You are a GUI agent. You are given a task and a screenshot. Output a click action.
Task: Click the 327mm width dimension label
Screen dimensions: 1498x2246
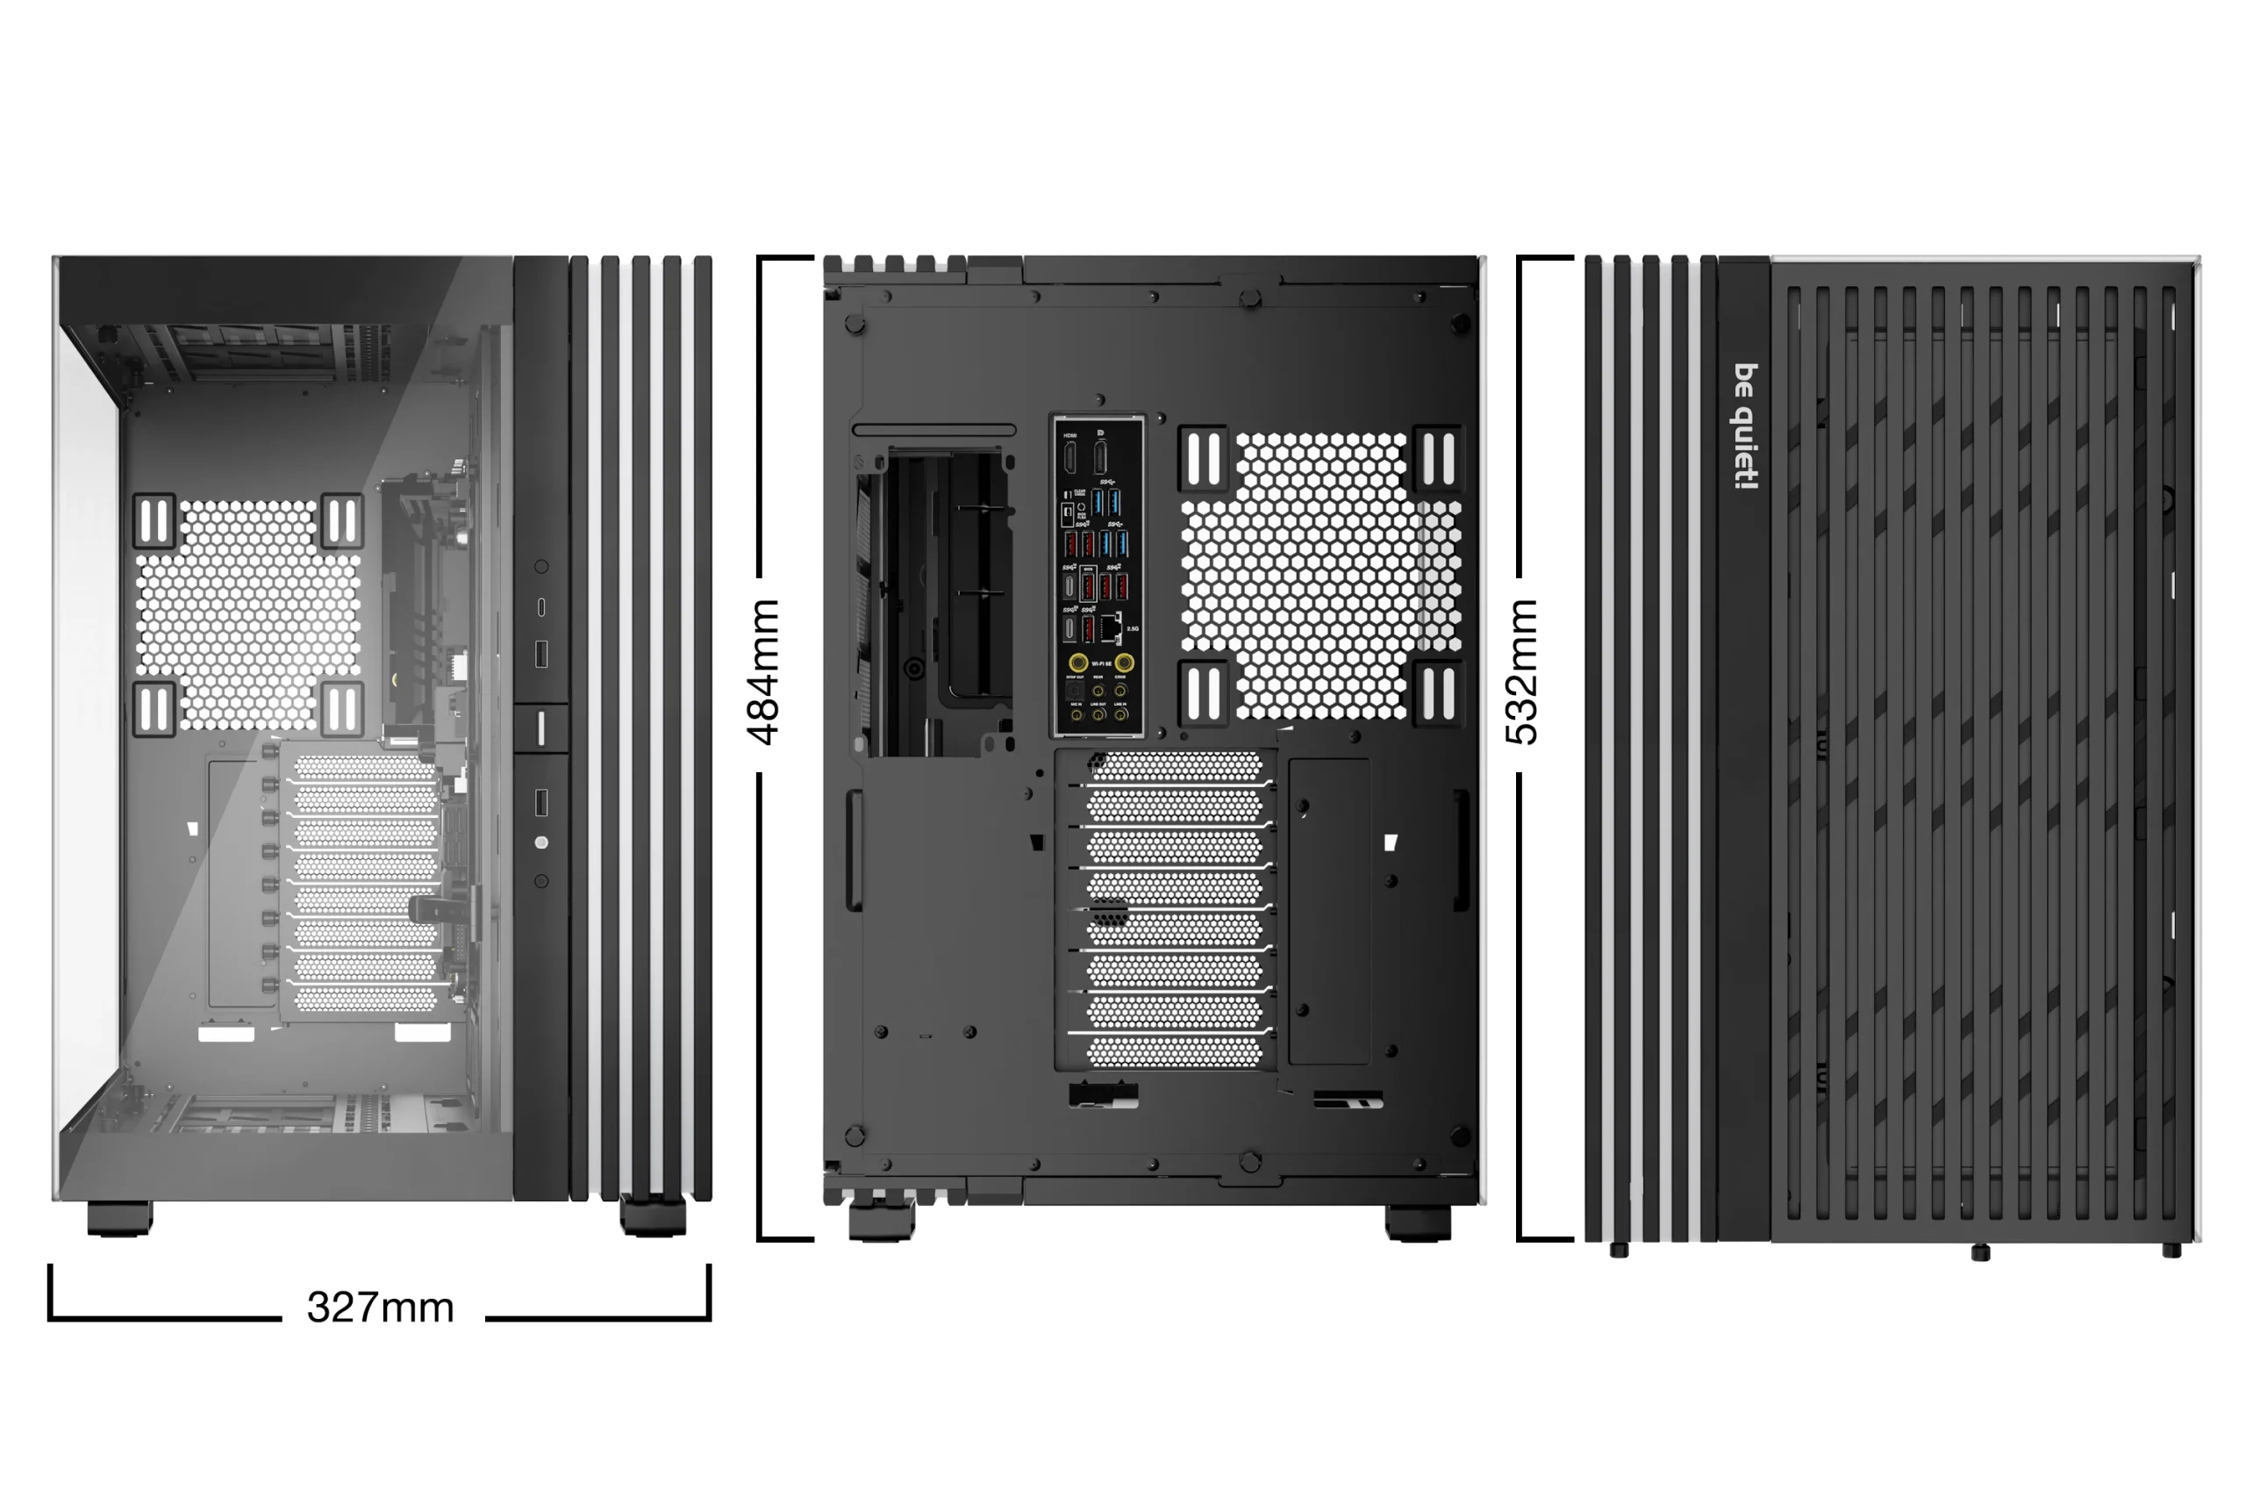(x=380, y=1307)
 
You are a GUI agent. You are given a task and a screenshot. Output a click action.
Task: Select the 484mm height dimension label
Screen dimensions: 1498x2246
(x=764, y=671)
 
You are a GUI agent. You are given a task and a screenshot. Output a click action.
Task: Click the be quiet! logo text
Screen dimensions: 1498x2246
(x=1746, y=426)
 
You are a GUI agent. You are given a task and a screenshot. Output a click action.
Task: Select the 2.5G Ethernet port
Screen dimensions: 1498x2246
(x=1111, y=627)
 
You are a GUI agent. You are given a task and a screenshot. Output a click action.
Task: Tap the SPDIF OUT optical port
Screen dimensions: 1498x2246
(x=1074, y=690)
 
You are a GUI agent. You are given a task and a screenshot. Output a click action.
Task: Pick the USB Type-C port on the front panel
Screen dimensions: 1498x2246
(x=541, y=606)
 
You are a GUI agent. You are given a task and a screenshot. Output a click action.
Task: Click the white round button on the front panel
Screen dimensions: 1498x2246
(x=541, y=842)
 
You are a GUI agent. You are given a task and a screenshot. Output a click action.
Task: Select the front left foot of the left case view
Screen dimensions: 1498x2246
(x=119, y=1218)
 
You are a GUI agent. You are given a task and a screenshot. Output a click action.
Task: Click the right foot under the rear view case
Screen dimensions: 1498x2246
(x=1417, y=1222)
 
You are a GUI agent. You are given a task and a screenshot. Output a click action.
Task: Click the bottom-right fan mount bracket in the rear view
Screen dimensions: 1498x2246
(x=1438, y=692)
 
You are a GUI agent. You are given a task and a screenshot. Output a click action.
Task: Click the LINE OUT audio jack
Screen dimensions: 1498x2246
(x=1098, y=713)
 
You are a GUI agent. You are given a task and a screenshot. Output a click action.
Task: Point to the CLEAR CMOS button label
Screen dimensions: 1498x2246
(x=1080, y=493)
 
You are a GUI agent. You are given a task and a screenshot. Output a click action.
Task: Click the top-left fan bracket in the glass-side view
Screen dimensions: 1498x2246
(x=154, y=521)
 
